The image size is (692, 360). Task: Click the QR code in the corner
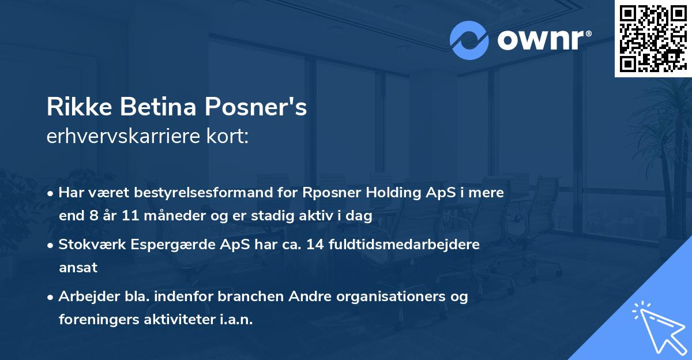click(652, 39)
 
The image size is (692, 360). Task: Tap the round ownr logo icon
click(469, 40)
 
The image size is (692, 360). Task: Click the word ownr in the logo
click(543, 40)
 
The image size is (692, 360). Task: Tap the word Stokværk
click(90, 245)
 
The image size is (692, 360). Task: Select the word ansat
click(78, 268)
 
